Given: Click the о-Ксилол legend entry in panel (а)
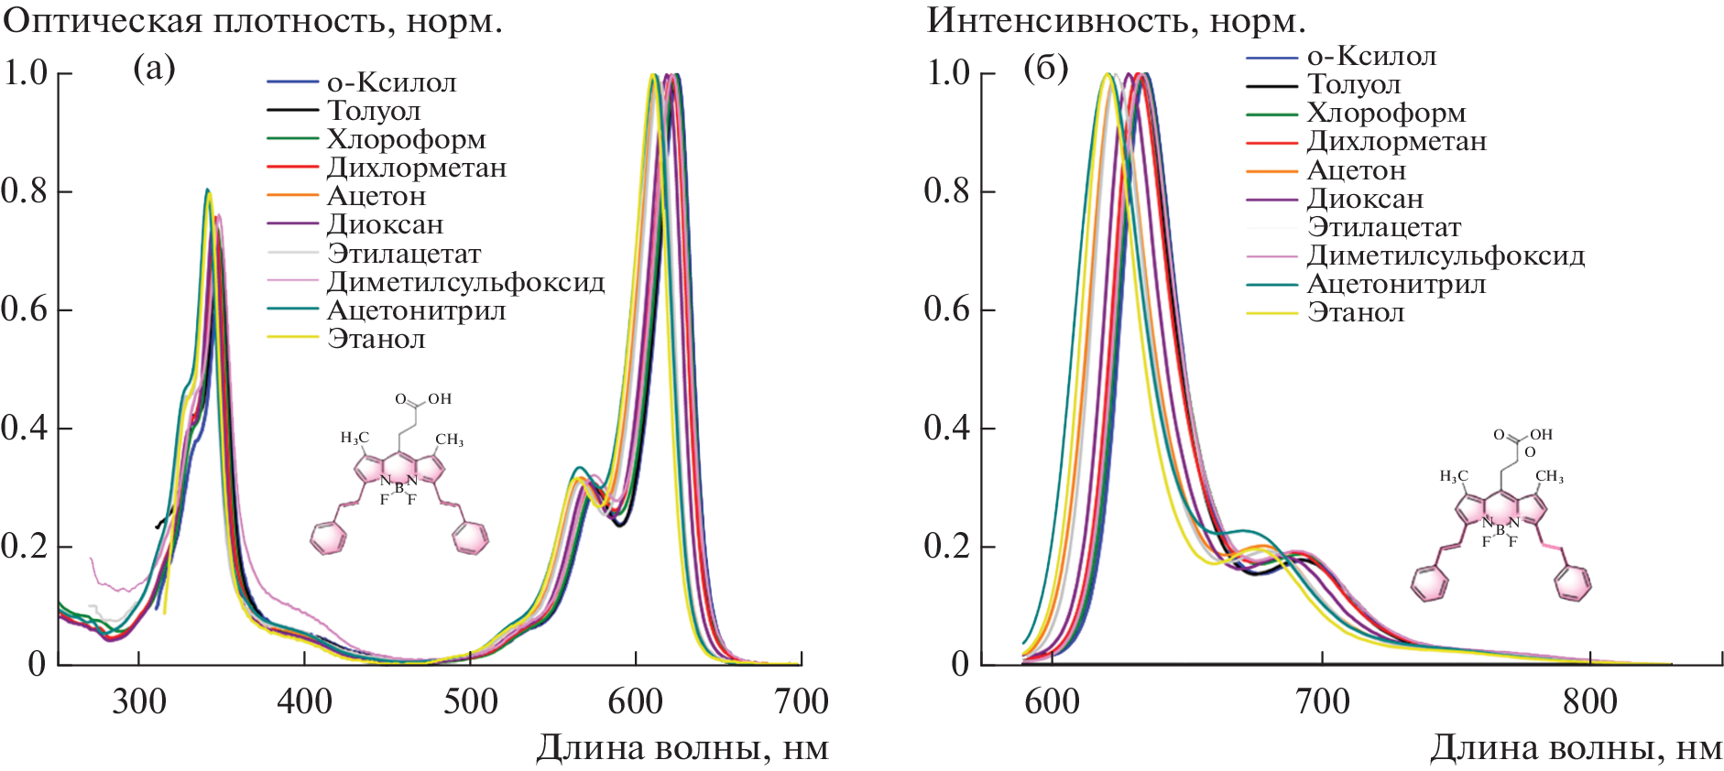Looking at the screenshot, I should coord(391,82).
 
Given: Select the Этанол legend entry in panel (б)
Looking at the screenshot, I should coord(1356,312).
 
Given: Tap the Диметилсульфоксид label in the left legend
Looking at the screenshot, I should coord(465,282).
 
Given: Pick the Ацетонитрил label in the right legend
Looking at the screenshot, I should coord(1396,284).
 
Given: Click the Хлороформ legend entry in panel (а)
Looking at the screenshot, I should coord(406,139).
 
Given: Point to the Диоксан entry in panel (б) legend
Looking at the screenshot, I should coord(1365,199).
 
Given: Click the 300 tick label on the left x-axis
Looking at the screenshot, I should coord(139,701).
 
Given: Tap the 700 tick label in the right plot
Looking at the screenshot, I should coord(1323,701).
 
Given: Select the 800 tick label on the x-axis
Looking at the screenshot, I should coord(1590,701).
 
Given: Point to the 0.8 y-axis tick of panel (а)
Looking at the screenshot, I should coord(25,190).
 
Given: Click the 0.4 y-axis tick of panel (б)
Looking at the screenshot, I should coord(947,428).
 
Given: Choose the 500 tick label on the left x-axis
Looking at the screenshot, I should coord(470,701).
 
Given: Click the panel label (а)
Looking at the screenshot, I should coord(154,69).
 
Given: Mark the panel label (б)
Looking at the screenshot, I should coord(1045,69).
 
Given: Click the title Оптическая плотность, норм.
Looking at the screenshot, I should coord(253,20).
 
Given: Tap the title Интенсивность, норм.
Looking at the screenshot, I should coord(1116,20).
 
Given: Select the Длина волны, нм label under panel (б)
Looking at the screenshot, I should coord(1576,748).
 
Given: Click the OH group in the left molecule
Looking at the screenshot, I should coord(440,399).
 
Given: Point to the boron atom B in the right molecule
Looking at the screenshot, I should coord(1500,530).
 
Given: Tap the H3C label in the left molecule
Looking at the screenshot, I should coord(355,438).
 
